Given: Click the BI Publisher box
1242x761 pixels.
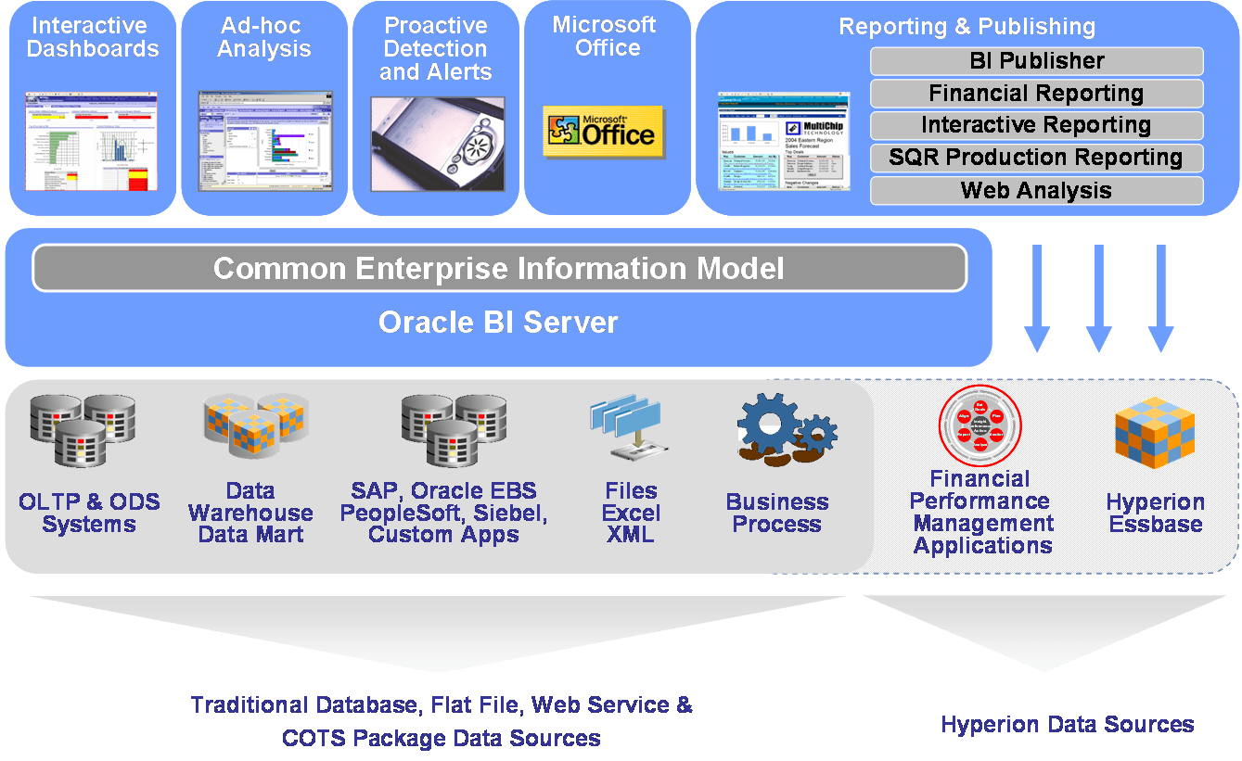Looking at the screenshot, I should pos(1036,61).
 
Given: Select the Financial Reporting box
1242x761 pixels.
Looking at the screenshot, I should pos(1036,94).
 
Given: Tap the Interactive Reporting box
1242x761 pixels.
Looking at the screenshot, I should pos(1036,125).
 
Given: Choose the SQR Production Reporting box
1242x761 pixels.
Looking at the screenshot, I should pos(1036,158).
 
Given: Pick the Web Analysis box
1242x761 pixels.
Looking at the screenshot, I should pos(1036,190).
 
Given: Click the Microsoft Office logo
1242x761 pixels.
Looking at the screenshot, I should pos(603,131).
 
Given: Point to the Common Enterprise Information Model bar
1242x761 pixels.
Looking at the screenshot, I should pos(499,268).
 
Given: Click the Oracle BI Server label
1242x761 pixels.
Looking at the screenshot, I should pos(498,323).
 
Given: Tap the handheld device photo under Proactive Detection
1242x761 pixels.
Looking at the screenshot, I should pos(438,143).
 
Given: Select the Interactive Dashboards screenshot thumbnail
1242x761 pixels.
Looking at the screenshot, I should pos(91,140).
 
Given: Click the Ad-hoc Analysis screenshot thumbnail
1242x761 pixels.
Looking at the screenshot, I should pos(264,140).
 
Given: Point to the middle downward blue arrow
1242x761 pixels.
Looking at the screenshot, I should pos(1098,298).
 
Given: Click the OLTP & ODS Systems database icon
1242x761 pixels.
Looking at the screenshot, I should pos(82,429).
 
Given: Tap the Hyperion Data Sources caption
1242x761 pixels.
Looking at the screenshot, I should pos(1067,724).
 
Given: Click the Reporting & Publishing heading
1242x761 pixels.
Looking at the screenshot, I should pos(967,27).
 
